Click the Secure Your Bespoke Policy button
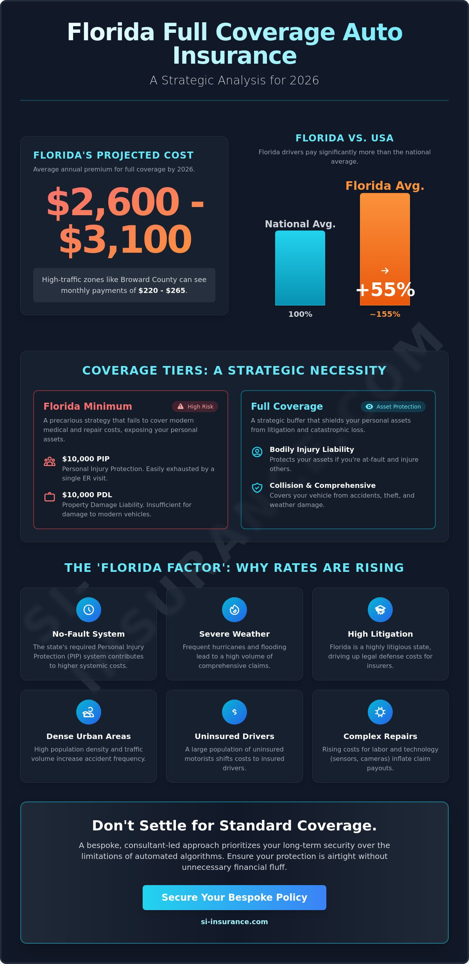pos(234,897)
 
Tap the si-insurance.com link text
pos(234,921)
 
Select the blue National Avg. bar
pos(300,268)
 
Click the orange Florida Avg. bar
pos(385,234)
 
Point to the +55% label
pos(385,290)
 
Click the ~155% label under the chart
pos(385,314)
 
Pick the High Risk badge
pos(195,407)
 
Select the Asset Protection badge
pos(393,407)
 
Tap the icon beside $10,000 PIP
pos(50,461)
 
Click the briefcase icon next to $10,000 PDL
pos(50,497)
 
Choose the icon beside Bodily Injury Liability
pos(257,452)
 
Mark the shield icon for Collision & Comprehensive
pos(257,487)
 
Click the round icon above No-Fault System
pos(89,609)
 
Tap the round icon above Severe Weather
pos(234,609)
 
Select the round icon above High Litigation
pos(380,609)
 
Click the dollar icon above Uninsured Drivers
pos(234,712)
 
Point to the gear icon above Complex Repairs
pos(380,712)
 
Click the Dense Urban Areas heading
pos(89,736)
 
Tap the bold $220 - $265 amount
pos(162,291)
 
